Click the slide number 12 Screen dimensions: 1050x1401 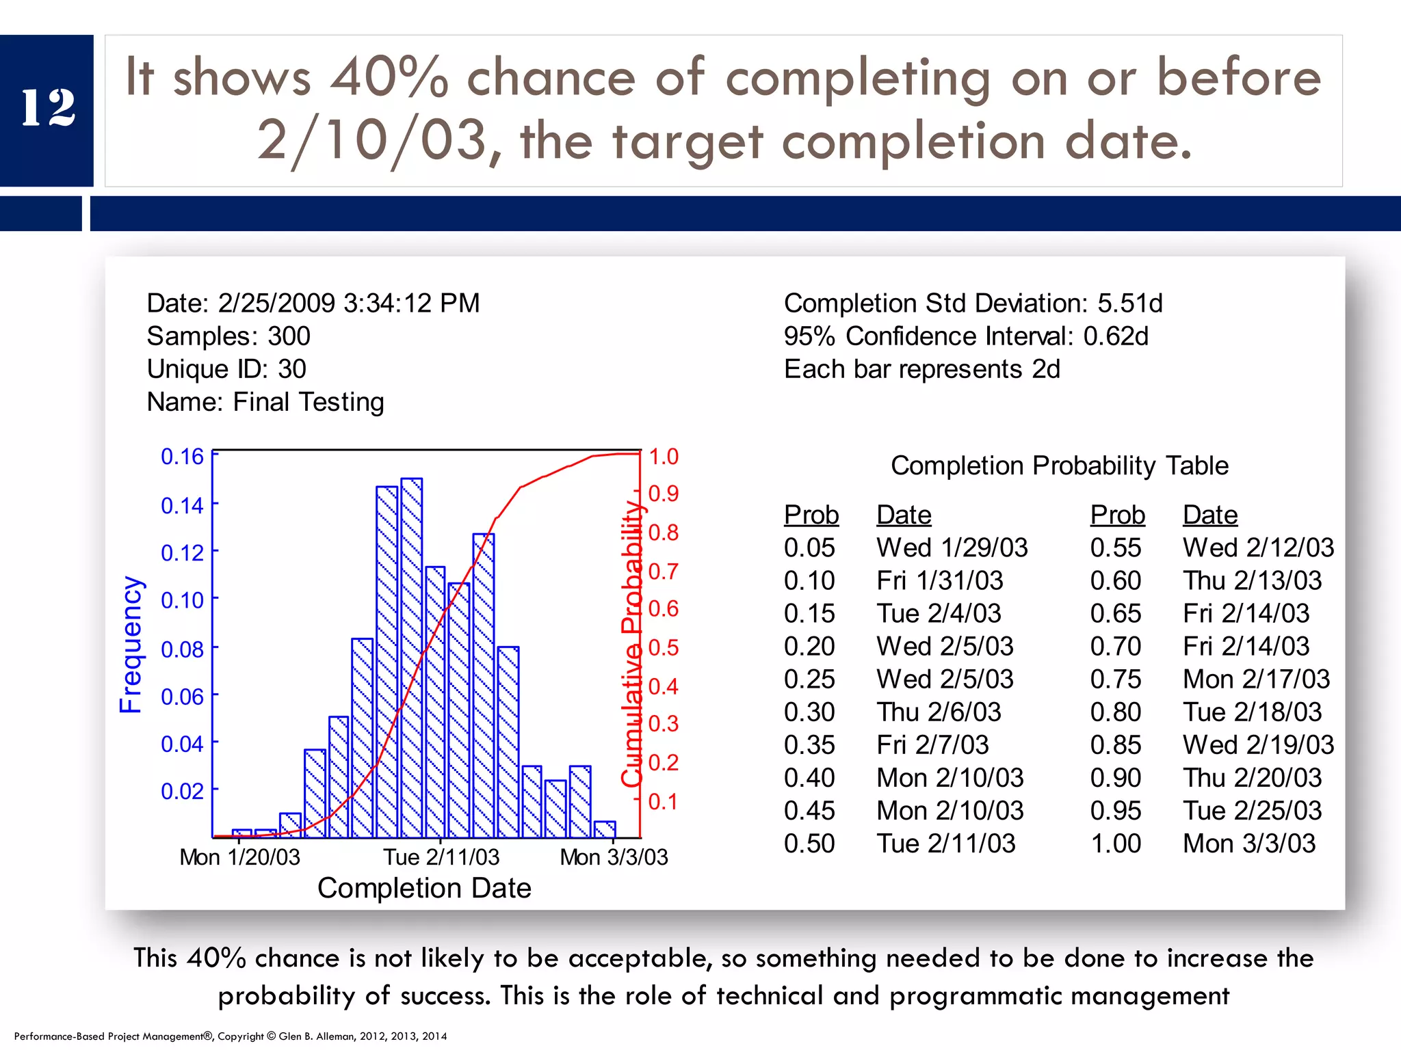tap(47, 108)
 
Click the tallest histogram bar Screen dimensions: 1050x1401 tap(411, 656)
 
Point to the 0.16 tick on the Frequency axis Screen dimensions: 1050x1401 tap(182, 457)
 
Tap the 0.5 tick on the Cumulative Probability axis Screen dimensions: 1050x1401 tap(663, 647)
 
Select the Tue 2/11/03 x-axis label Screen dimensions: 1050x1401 tap(441, 857)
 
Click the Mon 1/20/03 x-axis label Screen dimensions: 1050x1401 tap(239, 857)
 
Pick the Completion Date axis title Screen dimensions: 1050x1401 tap(424, 888)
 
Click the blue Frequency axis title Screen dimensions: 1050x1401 tap(131, 645)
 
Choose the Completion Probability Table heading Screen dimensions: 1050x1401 tap(1059, 466)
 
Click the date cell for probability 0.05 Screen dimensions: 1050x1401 tap(952, 548)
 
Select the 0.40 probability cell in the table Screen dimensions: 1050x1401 tap(809, 778)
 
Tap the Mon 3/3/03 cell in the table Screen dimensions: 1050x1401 tap(1249, 844)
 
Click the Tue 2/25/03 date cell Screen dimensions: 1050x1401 tap(1252, 811)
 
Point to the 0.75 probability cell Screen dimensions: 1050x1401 tap(1116, 679)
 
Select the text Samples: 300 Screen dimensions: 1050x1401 tap(228, 336)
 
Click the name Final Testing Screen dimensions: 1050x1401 tap(308, 402)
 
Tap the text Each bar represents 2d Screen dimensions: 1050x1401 tap(921, 369)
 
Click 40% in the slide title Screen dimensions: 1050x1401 tap(389, 77)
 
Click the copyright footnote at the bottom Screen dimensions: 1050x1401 tap(231, 1036)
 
